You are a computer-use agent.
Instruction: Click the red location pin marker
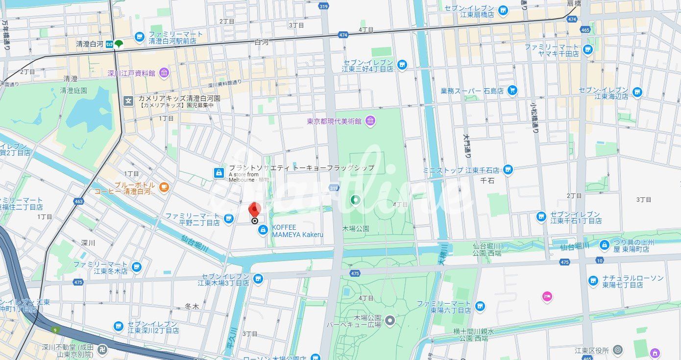[x=254, y=210]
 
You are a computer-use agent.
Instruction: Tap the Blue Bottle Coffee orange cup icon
[x=163, y=186]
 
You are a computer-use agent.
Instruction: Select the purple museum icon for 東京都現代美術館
[x=370, y=120]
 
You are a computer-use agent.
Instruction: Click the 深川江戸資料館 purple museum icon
[x=164, y=73]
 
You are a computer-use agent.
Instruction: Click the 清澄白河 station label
[x=90, y=44]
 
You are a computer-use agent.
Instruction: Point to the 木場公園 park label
[x=356, y=229]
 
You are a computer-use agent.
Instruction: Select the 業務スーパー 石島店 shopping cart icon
[x=512, y=90]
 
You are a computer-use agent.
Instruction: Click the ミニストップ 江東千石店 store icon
[x=508, y=170]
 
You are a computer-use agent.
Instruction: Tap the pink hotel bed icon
[x=547, y=296]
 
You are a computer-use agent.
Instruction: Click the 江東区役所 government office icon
[x=618, y=350]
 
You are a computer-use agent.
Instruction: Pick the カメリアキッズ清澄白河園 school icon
[x=128, y=101]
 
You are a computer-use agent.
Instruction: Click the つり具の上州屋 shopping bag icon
[x=605, y=244]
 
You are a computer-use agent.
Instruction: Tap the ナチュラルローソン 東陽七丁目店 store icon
[x=593, y=281]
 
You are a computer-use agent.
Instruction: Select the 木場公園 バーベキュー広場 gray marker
[x=390, y=320]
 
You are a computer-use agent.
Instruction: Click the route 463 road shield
[x=79, y=200]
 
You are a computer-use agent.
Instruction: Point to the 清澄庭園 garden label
[x=73, y=90]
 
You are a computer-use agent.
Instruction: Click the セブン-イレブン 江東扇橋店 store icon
[x=503, y=10]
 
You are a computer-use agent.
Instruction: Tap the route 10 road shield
[x=600, y=260]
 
